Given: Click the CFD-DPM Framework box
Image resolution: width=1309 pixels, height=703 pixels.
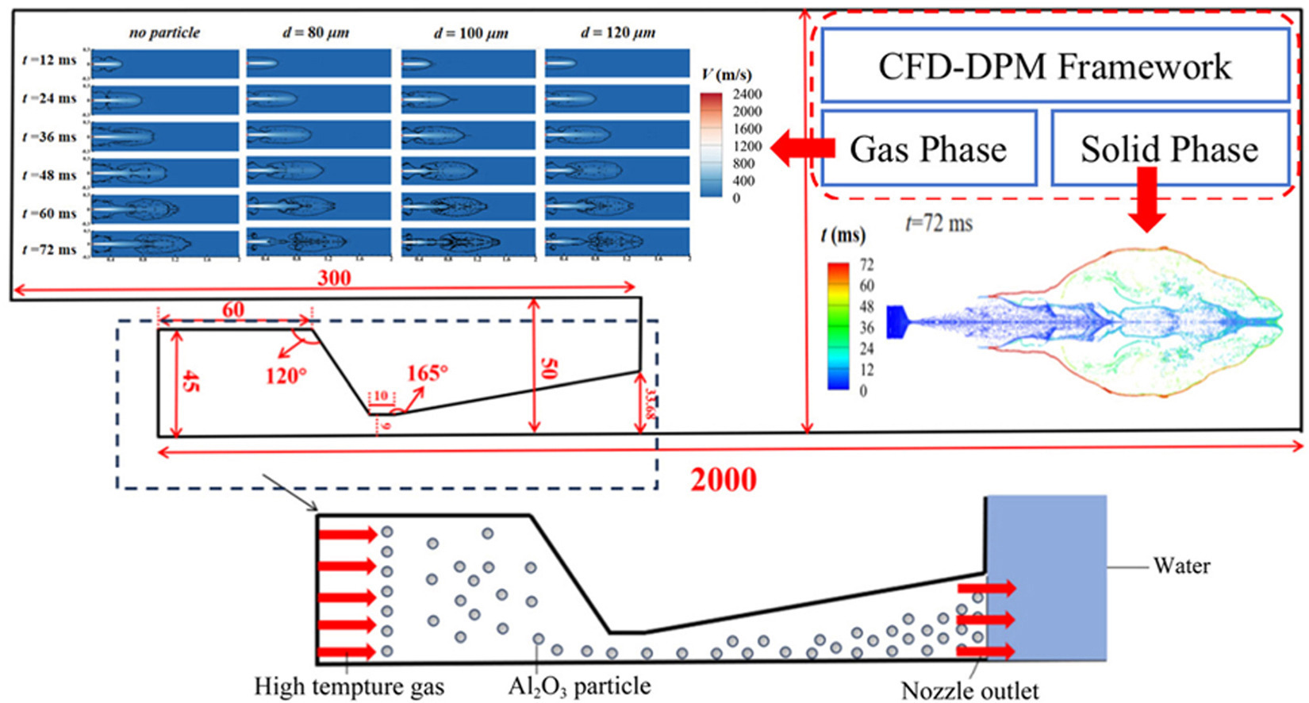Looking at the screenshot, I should click(1054, 66).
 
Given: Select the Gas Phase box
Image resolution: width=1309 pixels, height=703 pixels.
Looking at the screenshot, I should click(928, 148).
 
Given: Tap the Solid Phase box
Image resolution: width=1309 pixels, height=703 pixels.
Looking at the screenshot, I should click(1169, 148).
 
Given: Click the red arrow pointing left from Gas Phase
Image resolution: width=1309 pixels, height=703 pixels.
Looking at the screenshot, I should click(802, 148).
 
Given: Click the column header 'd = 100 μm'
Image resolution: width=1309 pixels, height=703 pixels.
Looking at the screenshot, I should click(471, 33).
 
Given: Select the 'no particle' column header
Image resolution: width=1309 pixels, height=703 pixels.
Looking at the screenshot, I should click(164, 33).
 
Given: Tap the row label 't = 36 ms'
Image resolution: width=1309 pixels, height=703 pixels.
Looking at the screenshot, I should click(50, 136).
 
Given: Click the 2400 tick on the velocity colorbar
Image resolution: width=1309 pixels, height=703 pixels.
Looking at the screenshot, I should click(747, 94).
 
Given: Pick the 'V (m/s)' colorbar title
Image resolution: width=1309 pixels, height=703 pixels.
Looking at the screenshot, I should click(727, 75).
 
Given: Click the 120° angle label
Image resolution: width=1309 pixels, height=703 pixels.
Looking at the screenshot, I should click(286, 375).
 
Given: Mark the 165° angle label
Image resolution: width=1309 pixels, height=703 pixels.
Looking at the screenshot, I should click(428, 373).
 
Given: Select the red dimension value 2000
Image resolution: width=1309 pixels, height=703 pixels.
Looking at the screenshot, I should click(724, 479).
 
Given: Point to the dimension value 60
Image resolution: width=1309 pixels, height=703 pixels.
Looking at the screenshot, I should click(233, 309).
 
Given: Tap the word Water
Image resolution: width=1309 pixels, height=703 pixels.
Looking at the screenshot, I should click(1181, 567).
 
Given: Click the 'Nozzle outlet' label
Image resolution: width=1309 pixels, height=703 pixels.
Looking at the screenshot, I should click(969, 690).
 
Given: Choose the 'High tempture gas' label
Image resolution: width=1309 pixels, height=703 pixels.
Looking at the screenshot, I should click(349, 686).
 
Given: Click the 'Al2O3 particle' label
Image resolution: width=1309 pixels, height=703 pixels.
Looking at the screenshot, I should click(579, 686).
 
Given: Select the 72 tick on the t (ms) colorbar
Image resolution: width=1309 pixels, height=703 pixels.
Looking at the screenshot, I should click(866, 265).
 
